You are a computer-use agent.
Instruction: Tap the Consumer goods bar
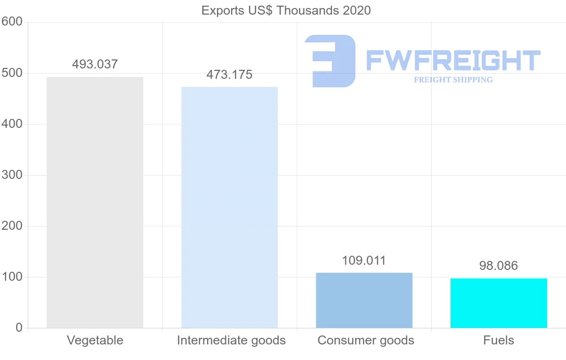(x=364, y=300)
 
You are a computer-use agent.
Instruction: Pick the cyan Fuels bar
(x=499, y=303)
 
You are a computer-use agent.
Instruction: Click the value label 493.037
(x=95, y=65)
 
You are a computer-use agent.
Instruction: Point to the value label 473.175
(x=229, y=75)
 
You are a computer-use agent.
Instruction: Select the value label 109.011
(x=364, y=260)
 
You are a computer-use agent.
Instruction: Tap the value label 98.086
(x=499, y=266)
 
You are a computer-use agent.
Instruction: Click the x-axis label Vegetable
(x=95, y=340)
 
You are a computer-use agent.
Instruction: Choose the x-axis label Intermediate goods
(x=231, y=340)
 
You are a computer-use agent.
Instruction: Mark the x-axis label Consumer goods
(x=366, y=340)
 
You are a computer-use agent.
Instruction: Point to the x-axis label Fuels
(x=499, y=340)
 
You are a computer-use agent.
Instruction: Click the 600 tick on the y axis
(x=12, y=22)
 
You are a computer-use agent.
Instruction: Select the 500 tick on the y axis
(x=12, y=73)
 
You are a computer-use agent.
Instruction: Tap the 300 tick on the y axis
(x=12, y=175)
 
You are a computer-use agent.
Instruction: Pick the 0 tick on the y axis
(x=19, y=327)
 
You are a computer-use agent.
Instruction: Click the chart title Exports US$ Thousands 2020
(x=286, y=10)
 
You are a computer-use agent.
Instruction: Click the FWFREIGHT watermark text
(x=453, y=60)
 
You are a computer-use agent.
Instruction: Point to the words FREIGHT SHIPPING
(x=453, y=80)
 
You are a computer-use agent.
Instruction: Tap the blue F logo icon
(x=330, y=61)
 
